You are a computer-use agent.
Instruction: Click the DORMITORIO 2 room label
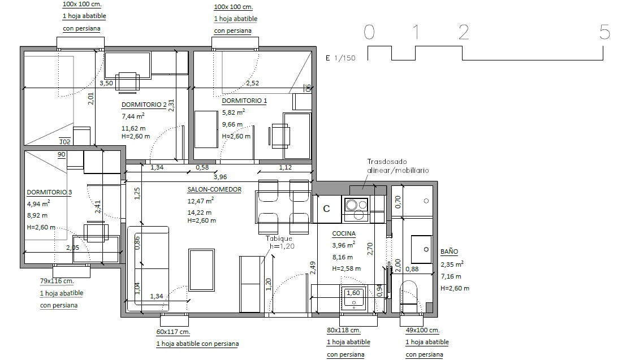(x=144, y=105)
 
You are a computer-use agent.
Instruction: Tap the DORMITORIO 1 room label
(x=244, y=101)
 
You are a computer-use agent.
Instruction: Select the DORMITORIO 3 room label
(x=49, y=192)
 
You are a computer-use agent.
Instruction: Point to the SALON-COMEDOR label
(x=214, y=189)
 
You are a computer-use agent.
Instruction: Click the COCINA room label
(x=344, y=233)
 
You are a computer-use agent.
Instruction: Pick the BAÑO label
(x=449, y=251)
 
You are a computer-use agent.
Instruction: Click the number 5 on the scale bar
(x=604, y=32)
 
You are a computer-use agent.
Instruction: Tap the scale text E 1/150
(x=340, y=58)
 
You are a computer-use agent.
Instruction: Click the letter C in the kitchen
(x=326, y=209)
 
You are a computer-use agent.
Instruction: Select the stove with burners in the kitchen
(x=356, y=209)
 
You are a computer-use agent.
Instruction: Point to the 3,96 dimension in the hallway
(x=221, y=177)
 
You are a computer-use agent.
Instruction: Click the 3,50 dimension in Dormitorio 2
(x=106, y=83)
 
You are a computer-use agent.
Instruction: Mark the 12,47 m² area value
(x=200, y=201)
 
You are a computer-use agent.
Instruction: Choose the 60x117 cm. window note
(x=173, y=332)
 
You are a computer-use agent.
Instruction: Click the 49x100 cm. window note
(x=422, y=330)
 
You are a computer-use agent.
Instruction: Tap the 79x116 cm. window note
(x=57, y=281)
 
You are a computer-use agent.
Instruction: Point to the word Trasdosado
(x=387, y=162)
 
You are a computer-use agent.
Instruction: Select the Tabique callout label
(x=279, y=238)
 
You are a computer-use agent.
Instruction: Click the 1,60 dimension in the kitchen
(x=353, y=293)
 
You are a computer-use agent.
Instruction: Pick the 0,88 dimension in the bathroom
(x=412, y=269)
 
